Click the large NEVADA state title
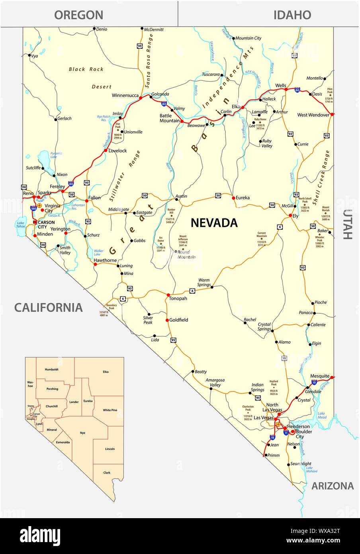click(x=214, y=222)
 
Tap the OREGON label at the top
click(x=78, y=15)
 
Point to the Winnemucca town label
click(x=125, y=96)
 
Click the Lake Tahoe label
click(x=21, y=224)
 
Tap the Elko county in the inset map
click(x=106, y=372)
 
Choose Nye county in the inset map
click(x=82, y=432)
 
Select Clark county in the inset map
click(x=107, y=473)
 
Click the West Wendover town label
click(x=313, y=115)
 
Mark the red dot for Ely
click(x=290, y=216)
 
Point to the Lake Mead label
click(x=322, y=415)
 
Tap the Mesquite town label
click(x=320, y=376)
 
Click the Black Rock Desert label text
click(x=86, y=69)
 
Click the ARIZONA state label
click(x=332, y=485)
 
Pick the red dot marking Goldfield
click(x=167, y=320)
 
